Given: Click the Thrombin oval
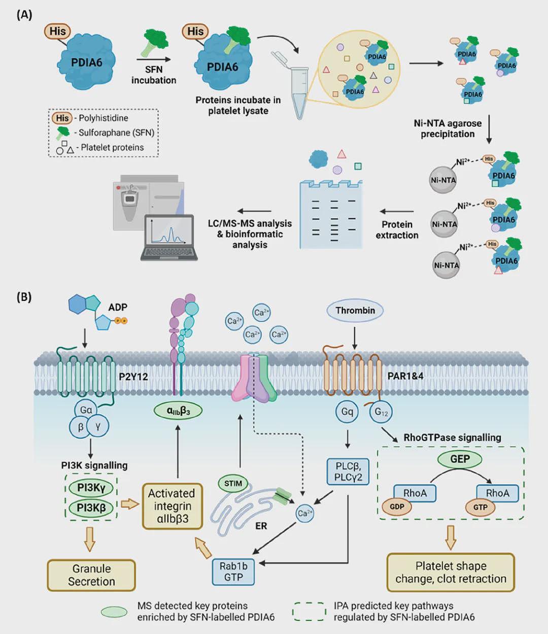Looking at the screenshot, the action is (355, 311).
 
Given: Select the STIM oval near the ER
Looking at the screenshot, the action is (233, 483).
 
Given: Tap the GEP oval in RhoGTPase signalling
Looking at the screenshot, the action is (460, 459).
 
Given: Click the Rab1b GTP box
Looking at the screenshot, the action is (233, 572).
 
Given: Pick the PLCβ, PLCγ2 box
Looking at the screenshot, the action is (348, 472).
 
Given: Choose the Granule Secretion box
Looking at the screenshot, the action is (91, 575).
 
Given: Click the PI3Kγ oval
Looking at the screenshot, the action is (91, 488).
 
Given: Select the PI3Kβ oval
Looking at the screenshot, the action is (91, 508).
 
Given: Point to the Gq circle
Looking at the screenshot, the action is (347, 412).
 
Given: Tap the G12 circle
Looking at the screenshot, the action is (381, 412).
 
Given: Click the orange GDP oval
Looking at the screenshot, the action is (397, 506).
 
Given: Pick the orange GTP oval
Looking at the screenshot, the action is (480, 507).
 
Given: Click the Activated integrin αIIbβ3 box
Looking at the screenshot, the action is (173, 507).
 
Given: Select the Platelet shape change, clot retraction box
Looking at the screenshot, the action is (451, 573).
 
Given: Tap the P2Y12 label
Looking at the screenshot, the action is (133, 376).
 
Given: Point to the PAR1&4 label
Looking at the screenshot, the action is (405, 376).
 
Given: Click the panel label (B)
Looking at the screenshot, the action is (24, 297).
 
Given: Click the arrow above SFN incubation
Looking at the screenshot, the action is (153, 59).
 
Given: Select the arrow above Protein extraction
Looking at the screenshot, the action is (396, 211).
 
